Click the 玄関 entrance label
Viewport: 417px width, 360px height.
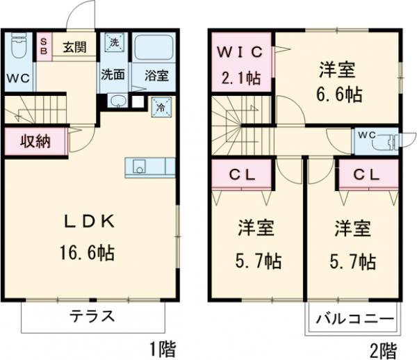pos(74,47)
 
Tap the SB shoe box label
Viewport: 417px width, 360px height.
pos(43,47)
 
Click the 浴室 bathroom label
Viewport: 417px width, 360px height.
pos(155,74)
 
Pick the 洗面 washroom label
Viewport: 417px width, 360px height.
pos(113,74)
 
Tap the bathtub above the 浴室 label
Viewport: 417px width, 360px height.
pos(154,47)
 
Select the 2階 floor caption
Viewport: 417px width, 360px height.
pos(382,347)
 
